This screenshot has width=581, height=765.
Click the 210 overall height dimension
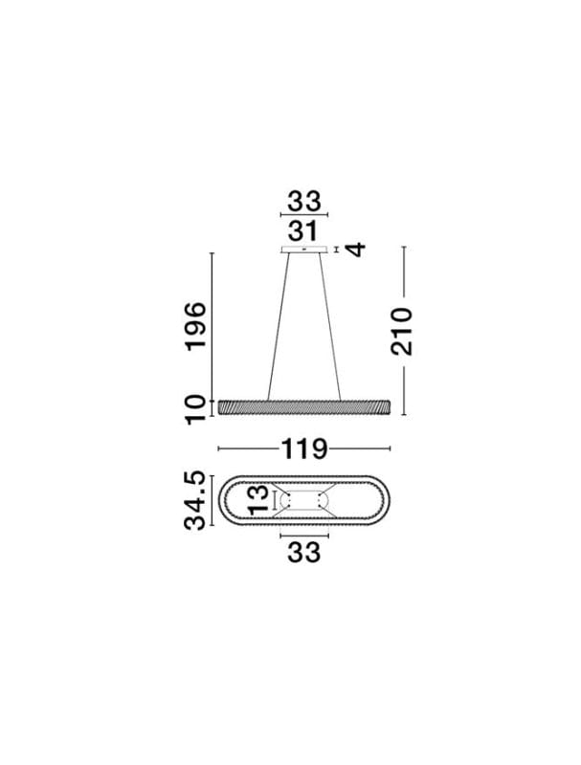coord(401,331)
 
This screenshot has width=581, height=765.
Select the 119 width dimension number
coord(303,448)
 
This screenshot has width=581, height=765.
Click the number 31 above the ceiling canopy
coord(302,231)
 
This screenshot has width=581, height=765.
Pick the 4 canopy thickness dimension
coord(356,250)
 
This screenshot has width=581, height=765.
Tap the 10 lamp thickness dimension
coord(195,410)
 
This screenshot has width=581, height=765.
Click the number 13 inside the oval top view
coord(258,500)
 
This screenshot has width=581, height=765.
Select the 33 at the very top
coord(303,202)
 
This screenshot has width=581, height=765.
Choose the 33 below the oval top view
coord(303,553)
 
